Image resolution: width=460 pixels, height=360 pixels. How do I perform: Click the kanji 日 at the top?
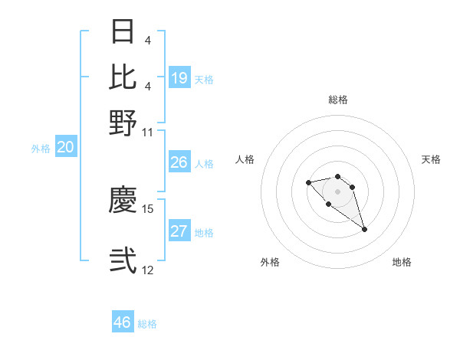coord(123,32)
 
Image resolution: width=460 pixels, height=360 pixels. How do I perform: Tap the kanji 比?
coord(123,77)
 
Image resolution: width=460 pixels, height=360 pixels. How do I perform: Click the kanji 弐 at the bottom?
coord(123,260)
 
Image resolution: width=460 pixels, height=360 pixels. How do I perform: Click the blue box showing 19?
coord(179,77)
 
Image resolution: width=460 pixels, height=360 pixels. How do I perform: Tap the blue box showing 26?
coord(179,162)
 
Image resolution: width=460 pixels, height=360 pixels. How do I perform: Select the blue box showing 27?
coord(179,231)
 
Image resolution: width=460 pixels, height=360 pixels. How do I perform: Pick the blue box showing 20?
coord(65,148)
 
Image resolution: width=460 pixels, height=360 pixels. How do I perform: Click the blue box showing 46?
coord(123,322)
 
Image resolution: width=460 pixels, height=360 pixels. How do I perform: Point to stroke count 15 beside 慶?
coord(148,208)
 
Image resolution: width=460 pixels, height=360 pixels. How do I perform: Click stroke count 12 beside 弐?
coord(148,270)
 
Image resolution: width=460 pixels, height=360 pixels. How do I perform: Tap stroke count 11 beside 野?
coord(148,131)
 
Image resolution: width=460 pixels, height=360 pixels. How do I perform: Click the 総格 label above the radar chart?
coord(337,100)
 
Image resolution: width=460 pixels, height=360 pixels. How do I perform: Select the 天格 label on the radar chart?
coord(431,159)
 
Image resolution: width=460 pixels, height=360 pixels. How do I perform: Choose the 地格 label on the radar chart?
coord(402,262)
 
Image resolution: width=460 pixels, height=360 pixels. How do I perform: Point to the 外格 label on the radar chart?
coord(270,262)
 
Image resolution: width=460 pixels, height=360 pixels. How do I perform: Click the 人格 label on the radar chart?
coord(245,159)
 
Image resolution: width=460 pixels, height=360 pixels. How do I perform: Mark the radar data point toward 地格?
coord(364,229)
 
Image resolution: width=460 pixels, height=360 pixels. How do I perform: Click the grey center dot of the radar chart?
coord(337,191)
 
